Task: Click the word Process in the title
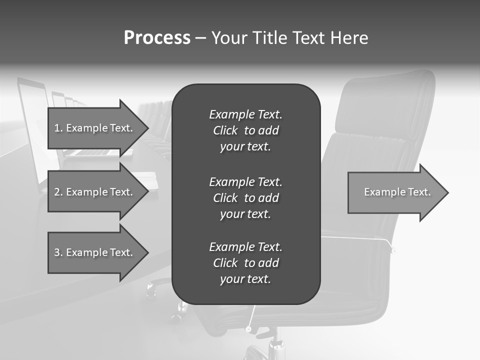pyautogui.click(x=157, y=38)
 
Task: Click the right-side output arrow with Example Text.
pyautogui.click(x=395, y=192)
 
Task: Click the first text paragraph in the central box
pyautogui.click(x=245, y=130)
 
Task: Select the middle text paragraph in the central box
pyautogui.click(x=245, y=197)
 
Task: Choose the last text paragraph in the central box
pyautogui.click(x=245, y=263)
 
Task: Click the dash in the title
pyautogui.click(x=200, y=38)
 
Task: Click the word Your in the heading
pyautogui.click(x=229, y=38)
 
